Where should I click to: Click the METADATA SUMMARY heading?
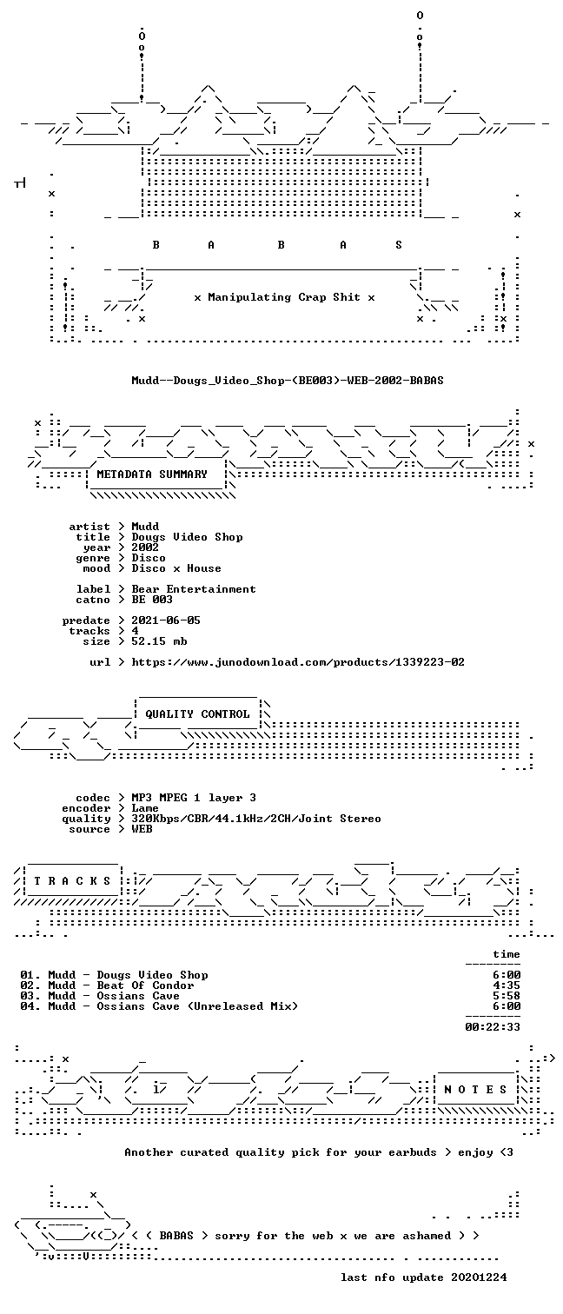[152, 474]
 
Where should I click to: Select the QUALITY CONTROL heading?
[197, 713]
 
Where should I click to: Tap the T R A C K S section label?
[72, 880]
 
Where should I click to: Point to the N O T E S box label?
[475, 1089]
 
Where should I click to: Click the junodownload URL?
[298, 662]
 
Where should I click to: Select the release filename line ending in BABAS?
[288, 381]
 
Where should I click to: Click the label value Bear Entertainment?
[194, 589]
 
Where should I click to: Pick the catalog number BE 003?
[152, 600]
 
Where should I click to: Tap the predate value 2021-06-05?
[166, 620]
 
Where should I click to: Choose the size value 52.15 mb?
[159, 641]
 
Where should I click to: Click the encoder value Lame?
[145, 808]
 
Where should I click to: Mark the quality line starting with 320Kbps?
[256, 819]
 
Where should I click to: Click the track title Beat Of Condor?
[145, 985]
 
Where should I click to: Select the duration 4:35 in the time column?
[507, 985]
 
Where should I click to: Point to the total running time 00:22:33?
[493, 1027]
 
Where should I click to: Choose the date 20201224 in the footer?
[479, 1277]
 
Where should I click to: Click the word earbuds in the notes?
[413, 1152]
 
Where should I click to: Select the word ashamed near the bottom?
[427, 1236]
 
